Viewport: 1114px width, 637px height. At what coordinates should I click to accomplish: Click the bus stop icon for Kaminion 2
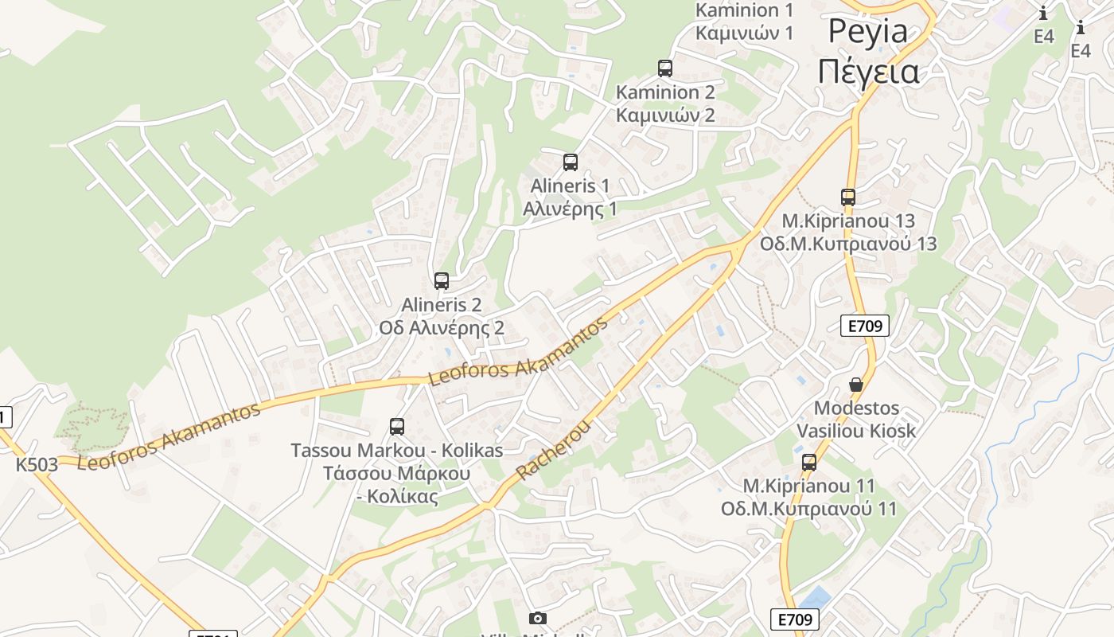pos(664,68)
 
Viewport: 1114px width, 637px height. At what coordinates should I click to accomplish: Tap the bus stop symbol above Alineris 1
pos(570,162)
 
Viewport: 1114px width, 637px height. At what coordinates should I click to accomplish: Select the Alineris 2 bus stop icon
pos(442,280)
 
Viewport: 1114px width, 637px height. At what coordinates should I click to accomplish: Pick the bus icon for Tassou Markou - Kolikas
pos(397,427)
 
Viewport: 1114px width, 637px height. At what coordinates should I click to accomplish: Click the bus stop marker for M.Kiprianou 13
pos(848,197)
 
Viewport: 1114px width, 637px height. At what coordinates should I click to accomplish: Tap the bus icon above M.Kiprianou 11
pos(809,462)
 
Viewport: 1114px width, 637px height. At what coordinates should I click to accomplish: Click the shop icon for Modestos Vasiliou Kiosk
pos(856,385)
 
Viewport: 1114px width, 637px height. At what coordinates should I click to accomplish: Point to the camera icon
pos(538,619)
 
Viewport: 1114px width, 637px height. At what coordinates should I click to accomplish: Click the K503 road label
pos(37,464)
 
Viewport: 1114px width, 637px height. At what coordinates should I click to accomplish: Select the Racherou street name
pos(554,450)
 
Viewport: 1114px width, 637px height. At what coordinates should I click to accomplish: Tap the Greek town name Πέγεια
pos(868,72)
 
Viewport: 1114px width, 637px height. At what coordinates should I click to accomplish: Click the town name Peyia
pos(868,32)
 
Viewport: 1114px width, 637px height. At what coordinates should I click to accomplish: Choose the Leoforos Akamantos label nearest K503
pos(169,436)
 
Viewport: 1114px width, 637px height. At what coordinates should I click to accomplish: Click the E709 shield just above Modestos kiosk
pos(864,325)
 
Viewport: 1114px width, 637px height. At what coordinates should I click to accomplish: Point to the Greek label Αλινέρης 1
pos(570,209)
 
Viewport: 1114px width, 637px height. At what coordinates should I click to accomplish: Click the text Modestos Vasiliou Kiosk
pos(856,420)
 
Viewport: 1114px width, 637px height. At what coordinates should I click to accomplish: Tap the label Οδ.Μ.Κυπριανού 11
pos(808,509)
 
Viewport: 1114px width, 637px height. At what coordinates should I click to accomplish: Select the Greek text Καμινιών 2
pos(665,115)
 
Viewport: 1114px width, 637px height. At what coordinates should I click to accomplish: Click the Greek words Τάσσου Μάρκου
pos(396,474)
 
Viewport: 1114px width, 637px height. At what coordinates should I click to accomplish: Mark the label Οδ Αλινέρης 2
pos(442,328)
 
